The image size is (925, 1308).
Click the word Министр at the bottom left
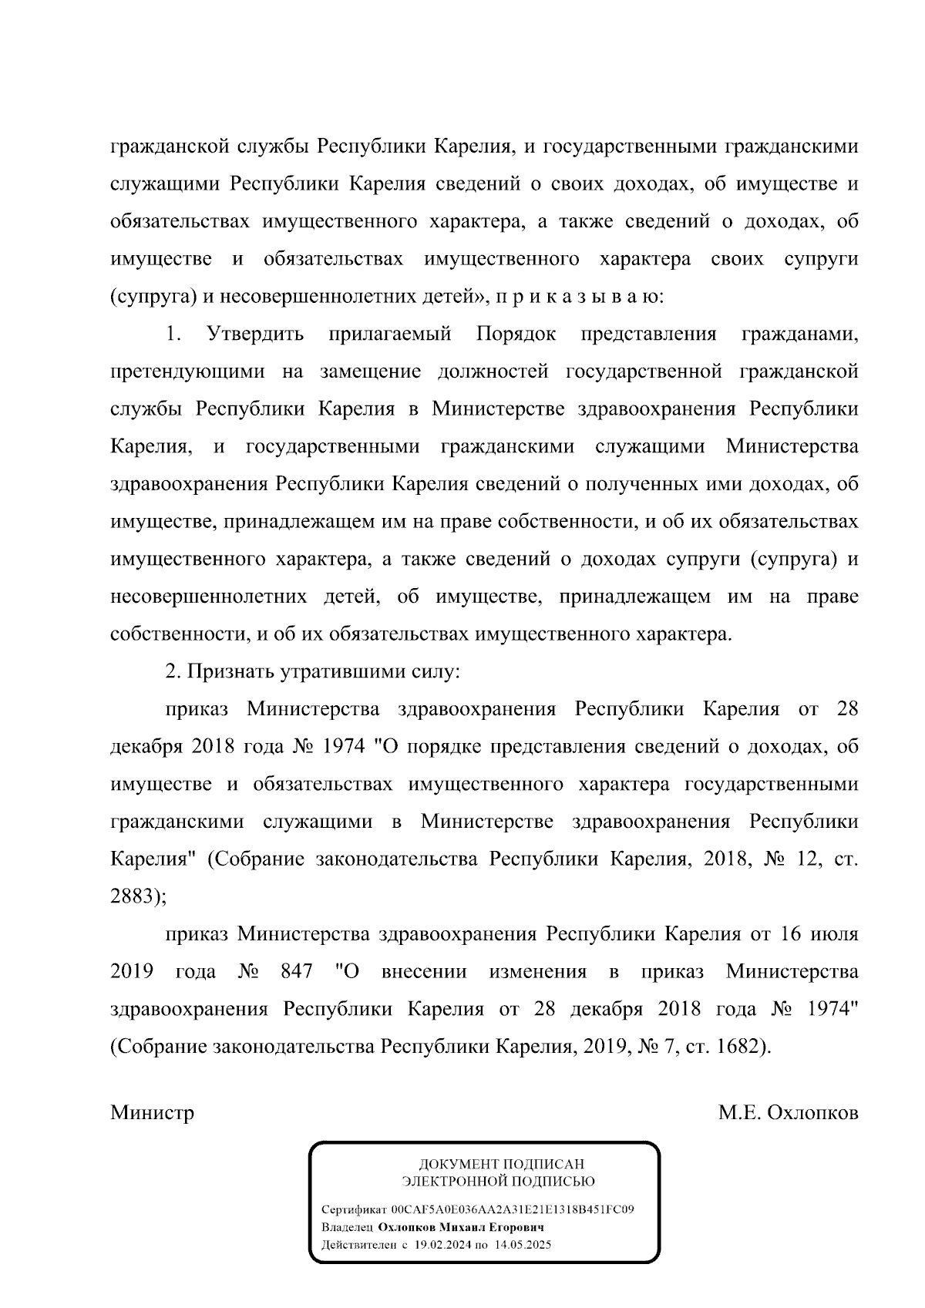(152, 1114)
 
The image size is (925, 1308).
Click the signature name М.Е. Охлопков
(788, 1114)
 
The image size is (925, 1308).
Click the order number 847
(296, 971)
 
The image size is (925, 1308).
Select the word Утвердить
(255, 335)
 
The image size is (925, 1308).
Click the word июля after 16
(833, 934)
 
